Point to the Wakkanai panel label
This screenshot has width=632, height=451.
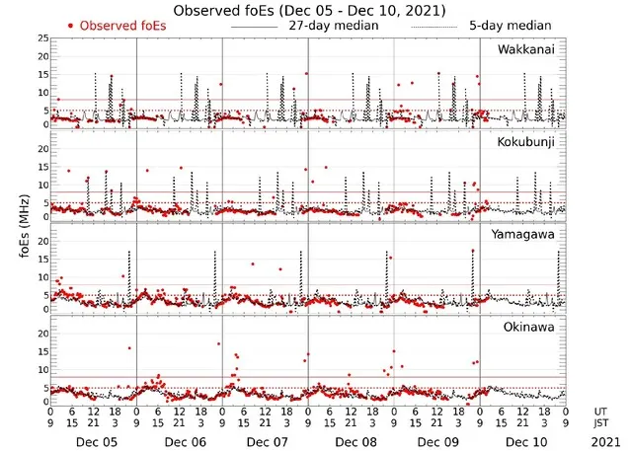pyautogui.click(x=526, y=48)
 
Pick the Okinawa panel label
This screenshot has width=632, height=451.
pyautogui.click(x=530, y=324)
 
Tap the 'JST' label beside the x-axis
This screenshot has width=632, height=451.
pyautogui.click(x=600, y=422)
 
